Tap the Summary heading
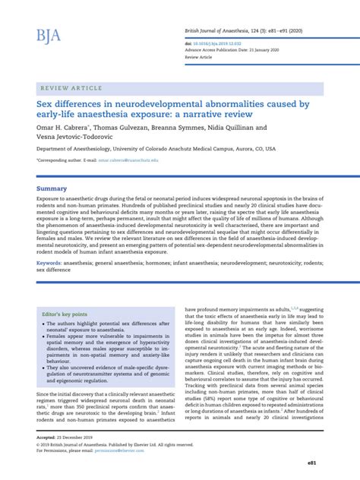tap(52, 188)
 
